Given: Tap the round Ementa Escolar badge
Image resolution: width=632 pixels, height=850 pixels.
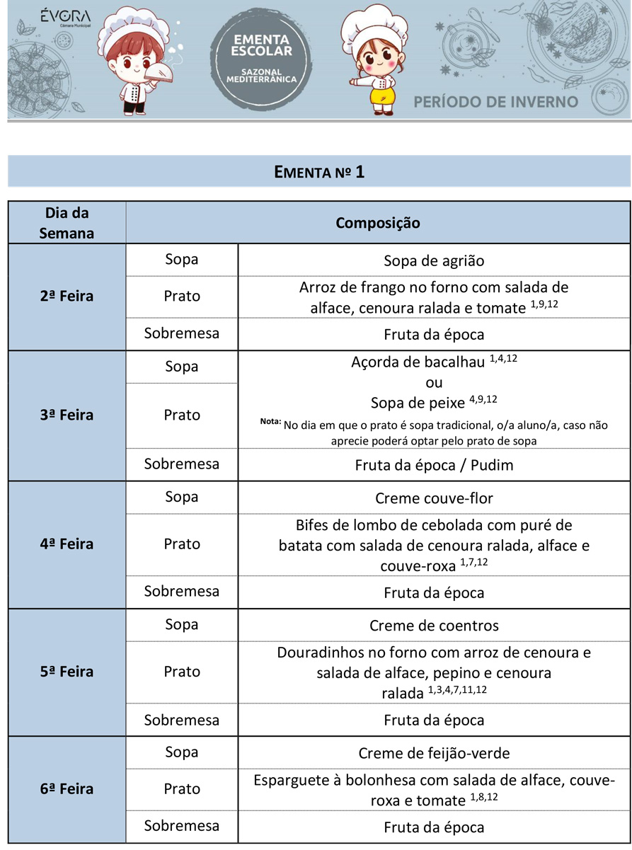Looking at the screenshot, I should [x=262, y=59].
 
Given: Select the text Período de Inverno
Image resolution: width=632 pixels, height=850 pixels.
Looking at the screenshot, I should [x=496, y=101].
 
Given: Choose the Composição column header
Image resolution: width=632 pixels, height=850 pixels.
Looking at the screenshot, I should [x=377, y=223].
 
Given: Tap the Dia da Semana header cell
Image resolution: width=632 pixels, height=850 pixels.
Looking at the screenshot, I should [x=67, y=223].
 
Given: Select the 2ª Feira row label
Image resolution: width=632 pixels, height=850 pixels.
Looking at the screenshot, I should [x=67, y=296].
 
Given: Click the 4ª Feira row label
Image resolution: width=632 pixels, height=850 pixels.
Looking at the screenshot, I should [x=67, y=544].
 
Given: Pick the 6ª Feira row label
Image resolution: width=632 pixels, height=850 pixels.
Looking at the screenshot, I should [x=67, y=788].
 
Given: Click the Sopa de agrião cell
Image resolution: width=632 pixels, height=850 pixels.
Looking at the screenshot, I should [x=433, y=260].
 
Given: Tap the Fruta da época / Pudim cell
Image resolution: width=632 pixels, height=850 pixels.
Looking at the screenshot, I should [x=433, y=466].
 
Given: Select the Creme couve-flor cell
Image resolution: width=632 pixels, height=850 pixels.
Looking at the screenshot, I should [x=433, y=498].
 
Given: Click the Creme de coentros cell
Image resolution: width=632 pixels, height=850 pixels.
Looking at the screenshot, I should [x=433, y=626].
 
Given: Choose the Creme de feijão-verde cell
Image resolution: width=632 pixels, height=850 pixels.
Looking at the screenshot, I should [x=433, y=753].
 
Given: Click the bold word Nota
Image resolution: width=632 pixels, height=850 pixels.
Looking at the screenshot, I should [x=270, y=423].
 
